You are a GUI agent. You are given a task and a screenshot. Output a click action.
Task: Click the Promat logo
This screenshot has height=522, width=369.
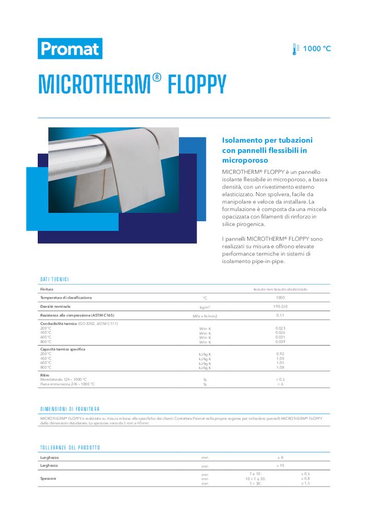point(69,49)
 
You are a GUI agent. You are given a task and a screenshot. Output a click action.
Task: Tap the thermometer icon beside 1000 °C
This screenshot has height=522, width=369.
point(296,49)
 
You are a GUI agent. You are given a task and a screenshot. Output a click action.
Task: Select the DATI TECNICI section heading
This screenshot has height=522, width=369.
point(54,280)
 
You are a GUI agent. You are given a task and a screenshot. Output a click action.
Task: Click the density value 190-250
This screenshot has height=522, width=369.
point(280,306)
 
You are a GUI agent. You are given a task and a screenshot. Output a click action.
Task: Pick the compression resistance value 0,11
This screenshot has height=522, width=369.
point(280,315)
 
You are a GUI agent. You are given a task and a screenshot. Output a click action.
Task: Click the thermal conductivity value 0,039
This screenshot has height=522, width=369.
point(280,342)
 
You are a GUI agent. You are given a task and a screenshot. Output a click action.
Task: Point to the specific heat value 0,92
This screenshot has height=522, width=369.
point(280,354)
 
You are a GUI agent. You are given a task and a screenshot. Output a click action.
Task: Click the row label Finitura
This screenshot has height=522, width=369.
point(47,289)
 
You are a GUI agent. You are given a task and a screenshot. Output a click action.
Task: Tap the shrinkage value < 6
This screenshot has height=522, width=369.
point(280,384)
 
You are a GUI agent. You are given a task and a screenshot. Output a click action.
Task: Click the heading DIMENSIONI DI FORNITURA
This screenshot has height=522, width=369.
point(70,409)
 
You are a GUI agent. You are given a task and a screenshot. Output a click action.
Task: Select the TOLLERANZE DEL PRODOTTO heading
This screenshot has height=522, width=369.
point(70,448)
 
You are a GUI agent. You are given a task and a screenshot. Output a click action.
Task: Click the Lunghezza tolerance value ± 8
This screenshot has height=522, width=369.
point(280,457)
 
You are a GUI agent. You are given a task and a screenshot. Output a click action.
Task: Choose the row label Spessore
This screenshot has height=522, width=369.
point(49,478)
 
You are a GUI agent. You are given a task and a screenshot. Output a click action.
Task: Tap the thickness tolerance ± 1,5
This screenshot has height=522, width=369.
point(305,483)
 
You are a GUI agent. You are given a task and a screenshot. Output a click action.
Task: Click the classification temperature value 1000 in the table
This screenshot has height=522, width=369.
point(280,298)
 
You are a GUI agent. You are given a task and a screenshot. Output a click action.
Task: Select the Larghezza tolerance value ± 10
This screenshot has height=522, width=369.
point(280,465)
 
